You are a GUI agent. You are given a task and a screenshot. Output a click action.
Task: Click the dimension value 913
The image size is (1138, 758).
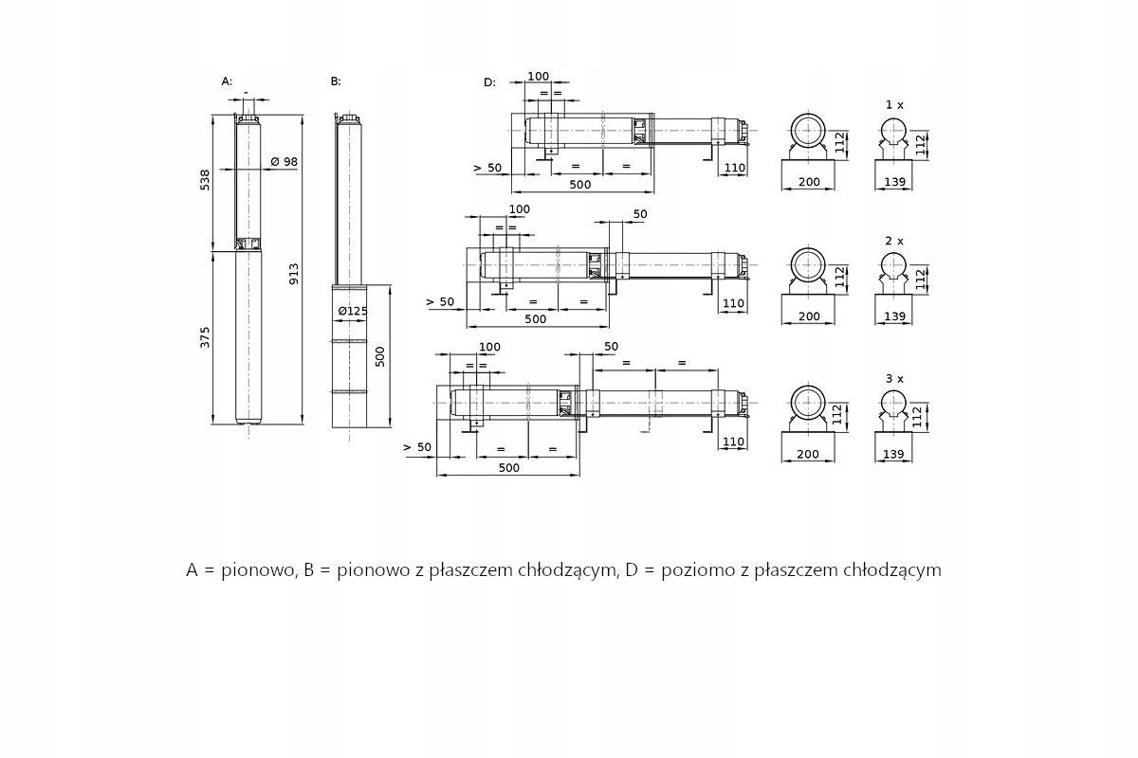(295, 273)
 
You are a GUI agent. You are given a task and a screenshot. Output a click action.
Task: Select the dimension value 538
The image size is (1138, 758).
(206, 180)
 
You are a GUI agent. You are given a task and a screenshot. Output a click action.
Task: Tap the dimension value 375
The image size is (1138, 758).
(206, 336)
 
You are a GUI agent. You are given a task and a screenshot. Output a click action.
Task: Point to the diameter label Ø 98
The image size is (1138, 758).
(284, 162)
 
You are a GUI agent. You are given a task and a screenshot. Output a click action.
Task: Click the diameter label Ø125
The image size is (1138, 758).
(353, 311)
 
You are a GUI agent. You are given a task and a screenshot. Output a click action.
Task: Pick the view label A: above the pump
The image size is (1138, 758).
(227, 81)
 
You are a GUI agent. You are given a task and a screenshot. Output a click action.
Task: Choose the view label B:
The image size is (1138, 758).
(336, 81)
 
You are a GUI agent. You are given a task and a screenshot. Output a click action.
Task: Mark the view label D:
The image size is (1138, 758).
(489, 82)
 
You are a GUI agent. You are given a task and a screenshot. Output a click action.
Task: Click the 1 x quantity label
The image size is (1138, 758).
(894, 104)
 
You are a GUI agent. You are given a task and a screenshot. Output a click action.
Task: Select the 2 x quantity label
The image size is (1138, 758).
(894, 241)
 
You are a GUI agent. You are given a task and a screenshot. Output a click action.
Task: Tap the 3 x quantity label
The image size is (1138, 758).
(894, 378)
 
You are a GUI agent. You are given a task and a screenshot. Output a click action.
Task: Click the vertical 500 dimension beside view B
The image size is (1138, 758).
(380, 356)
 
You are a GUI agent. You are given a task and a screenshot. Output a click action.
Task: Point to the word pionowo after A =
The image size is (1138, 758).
(256, 570)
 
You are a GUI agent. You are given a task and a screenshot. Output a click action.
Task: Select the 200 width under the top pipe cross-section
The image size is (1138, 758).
(809, 181)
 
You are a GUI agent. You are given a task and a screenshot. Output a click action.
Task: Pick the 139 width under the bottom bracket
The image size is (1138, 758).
(893, 455)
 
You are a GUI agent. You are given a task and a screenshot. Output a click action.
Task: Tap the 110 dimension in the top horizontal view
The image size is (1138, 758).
(734, 169)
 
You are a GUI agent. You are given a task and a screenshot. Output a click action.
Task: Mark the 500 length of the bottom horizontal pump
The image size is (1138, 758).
(508, 468)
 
